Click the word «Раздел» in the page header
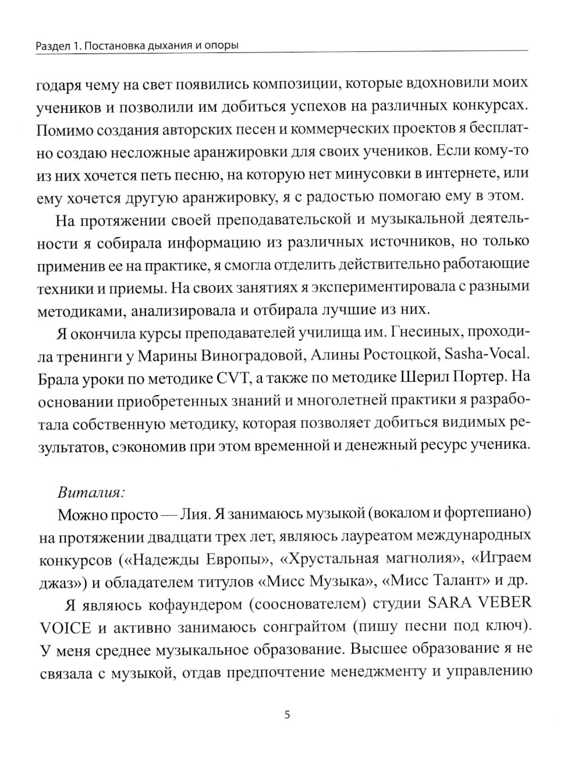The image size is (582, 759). [52, 45]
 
